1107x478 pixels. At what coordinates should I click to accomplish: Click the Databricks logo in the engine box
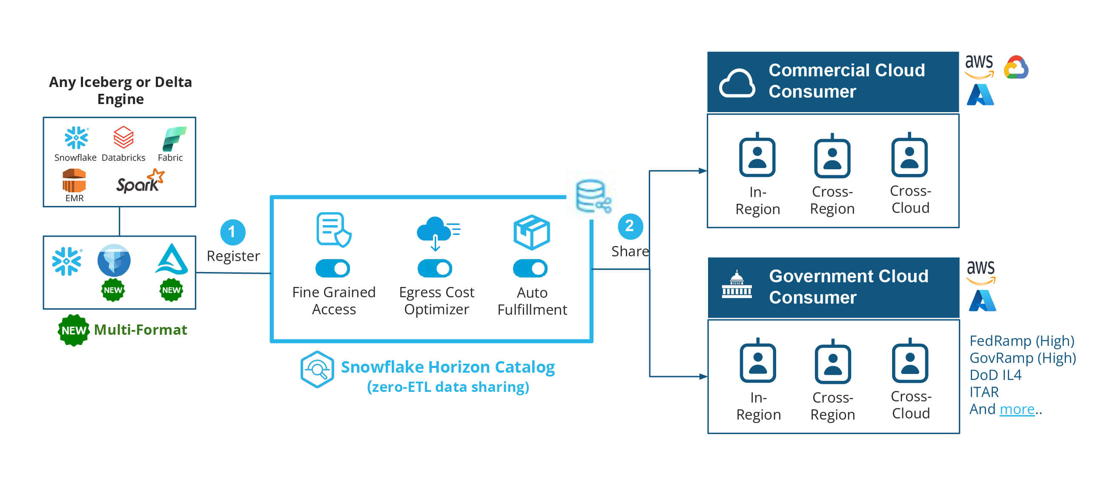123,137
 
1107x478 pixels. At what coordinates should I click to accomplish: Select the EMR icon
74,181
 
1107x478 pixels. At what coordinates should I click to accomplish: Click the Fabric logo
174,138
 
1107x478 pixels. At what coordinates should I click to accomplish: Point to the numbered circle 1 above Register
232,232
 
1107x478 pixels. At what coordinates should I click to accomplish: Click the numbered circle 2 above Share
630,226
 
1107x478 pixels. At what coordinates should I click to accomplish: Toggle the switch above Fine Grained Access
333,269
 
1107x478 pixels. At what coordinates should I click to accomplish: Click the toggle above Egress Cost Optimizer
435,269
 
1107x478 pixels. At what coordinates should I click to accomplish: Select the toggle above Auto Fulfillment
530,269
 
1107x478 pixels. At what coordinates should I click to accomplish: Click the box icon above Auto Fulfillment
532,232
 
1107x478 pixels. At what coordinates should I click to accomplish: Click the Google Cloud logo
1016,68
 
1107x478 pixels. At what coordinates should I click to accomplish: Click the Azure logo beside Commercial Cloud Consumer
980,95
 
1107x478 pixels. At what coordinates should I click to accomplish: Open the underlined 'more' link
1017,409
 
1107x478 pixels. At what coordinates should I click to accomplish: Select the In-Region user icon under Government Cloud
757,362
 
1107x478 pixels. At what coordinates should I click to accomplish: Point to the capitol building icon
737,285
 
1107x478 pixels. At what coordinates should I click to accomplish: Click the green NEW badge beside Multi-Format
74,330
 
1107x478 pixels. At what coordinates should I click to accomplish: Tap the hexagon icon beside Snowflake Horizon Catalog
317,370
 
